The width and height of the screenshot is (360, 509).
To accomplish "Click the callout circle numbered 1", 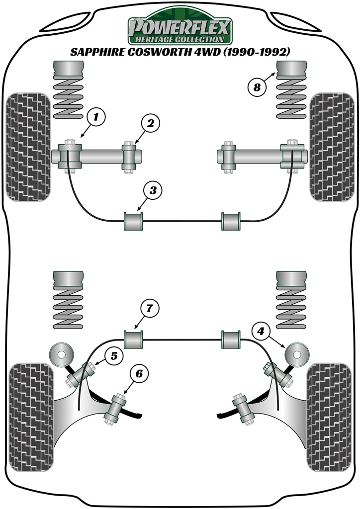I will pos(96,117).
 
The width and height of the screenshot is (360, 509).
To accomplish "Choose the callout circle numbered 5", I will pos(114,355).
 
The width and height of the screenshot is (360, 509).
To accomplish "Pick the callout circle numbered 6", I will pos(139,373).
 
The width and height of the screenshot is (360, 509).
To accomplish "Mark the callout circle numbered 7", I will pos(150,309).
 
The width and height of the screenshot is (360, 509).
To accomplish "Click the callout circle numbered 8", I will pos(257,87).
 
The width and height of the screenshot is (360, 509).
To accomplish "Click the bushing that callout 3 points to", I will pos(133,221).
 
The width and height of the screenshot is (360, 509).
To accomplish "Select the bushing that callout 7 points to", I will pos(133,339).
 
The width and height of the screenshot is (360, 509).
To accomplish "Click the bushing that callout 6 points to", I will pos(116,408).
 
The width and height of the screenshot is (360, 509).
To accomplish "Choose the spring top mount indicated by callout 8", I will pos(291,70).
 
